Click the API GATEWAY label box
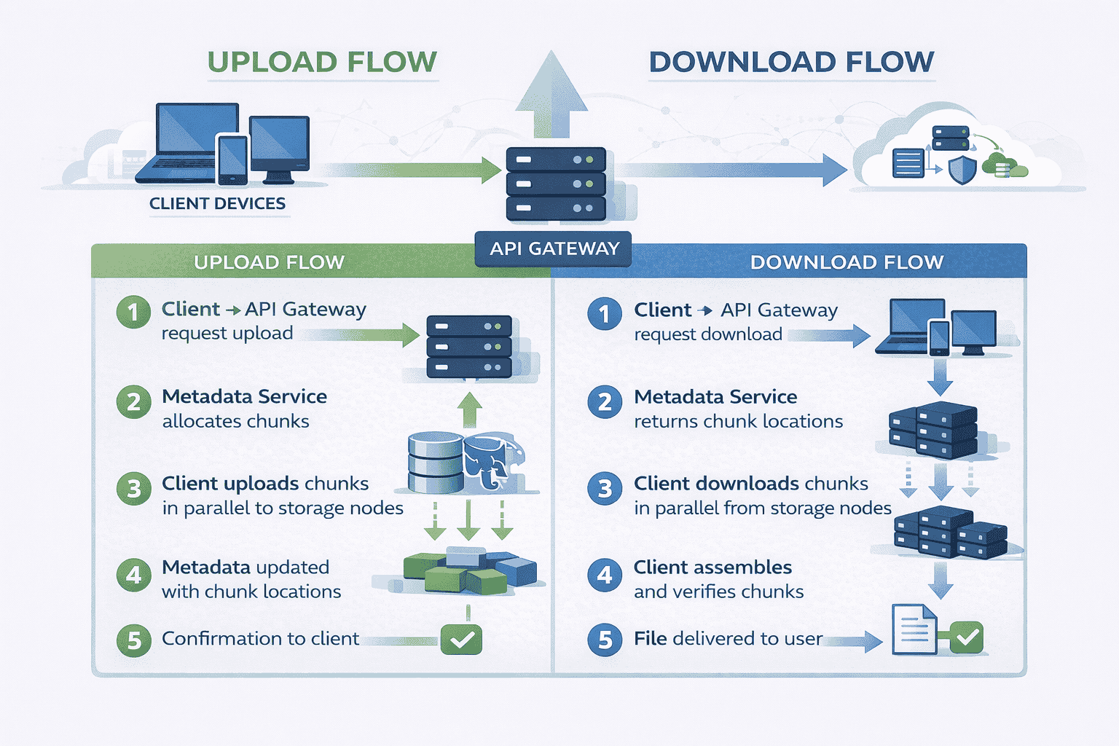point(554,249)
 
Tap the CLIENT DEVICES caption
point(217,204)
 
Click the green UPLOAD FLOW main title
point(322,63)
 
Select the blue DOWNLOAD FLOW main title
point(791,63)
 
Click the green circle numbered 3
point(133,489)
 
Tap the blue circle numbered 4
point(605,576)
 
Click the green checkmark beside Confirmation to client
point(461,640)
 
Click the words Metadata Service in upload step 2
point(244,397)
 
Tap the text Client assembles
point(712,568)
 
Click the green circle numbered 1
point(133,313)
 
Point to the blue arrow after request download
point(831,336)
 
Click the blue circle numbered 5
point(605,640)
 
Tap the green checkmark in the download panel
point(967,637)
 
